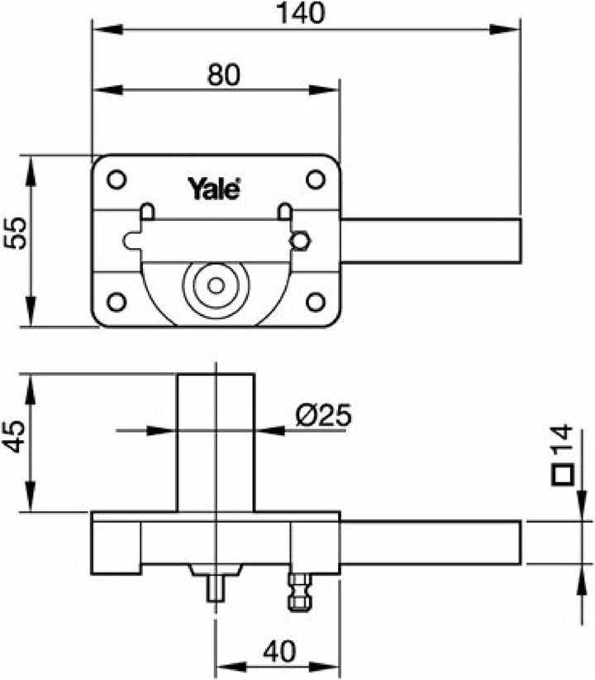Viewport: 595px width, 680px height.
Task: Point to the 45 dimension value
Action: click(x=15, y=435)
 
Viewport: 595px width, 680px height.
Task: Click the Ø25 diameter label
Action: click(x=322, y=415)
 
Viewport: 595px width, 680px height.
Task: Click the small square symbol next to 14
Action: click(x=564, y=476)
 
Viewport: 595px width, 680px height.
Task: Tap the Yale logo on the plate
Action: click(x=214, y=189)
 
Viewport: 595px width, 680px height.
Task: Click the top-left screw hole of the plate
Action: click(x=117, y=179)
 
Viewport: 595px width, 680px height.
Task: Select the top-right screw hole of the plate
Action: click(x=315, y=179)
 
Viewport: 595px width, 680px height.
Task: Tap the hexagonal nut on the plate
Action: click(x=300, y=240)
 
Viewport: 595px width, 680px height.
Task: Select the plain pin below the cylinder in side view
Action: click(x=216, y=589)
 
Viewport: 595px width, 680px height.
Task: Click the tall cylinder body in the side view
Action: click(x=216, y=443)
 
